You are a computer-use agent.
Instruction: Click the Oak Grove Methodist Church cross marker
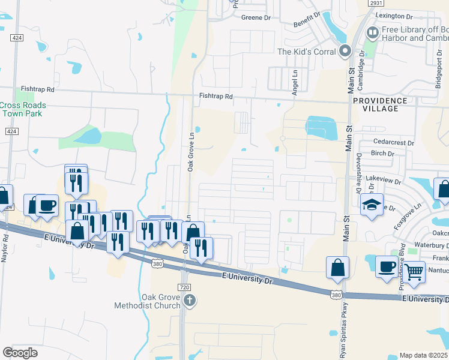pyautogui.click(x=190, y=300)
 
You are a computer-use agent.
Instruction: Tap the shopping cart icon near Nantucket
pyautogui.click(x=414, y=272)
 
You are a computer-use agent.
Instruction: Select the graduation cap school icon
pyautogui.click(x=372, y=205)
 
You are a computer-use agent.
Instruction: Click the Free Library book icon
pyautogui.click(x=372, y=32)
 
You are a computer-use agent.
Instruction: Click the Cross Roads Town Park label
pyautogui.click(x=22, y=109)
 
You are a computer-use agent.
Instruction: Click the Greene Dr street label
pyautogui.click(x=256, y=18)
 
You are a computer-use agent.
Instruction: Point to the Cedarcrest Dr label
pyautogui.click(x=393, y=143)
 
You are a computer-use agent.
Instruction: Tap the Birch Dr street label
pyautogui.click(x=382, y=154)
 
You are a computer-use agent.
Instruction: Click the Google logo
pyautogui.click(x=20, y=352)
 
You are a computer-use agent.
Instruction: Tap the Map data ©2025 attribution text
pyautogui.click(x=423, y=355)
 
